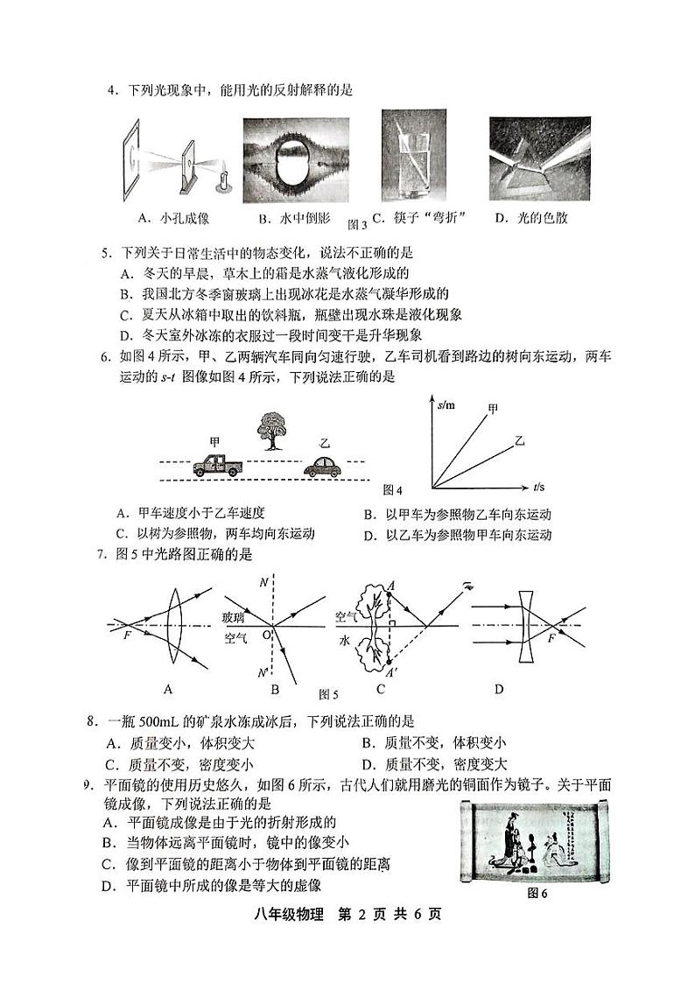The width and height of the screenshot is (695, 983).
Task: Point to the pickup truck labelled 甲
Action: pyautogui.click(x=214, y=465)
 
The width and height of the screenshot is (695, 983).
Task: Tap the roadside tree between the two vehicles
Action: pyautogui.click(x=270, y=432)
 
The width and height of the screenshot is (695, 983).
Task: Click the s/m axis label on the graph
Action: pyautogui.click(x=444, y=404)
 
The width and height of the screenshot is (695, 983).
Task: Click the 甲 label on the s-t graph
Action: pyautogui.click(x=493, y=408)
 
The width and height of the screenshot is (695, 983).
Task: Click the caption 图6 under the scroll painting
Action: pyautogui.click(x=537, y=893)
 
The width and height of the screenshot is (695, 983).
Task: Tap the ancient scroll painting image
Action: pyautogui.click(x=535, y=841)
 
